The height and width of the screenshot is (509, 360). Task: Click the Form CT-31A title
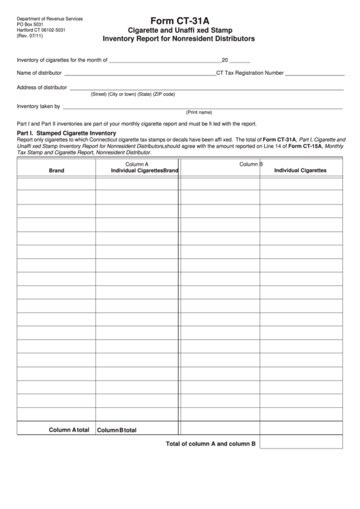(179, 20)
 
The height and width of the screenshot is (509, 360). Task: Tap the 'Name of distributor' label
(39, 72)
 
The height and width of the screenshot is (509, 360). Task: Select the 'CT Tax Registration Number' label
(249, 72)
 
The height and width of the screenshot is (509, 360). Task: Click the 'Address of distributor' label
(41, 88)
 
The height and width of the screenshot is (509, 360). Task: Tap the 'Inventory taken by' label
(38, 106)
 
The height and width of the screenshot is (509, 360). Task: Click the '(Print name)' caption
(199, 112)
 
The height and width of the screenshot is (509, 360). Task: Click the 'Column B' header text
(251, 164)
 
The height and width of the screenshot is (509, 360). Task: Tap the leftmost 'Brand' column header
(56, 171)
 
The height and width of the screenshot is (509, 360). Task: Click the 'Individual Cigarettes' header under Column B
(300, 170)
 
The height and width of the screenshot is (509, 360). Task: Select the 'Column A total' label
(69, 429)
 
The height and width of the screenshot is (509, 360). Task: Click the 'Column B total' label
(117, 430)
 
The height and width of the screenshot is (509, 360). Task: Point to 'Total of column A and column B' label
(211, 444)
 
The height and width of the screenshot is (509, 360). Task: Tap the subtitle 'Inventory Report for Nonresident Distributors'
(179, 39)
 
